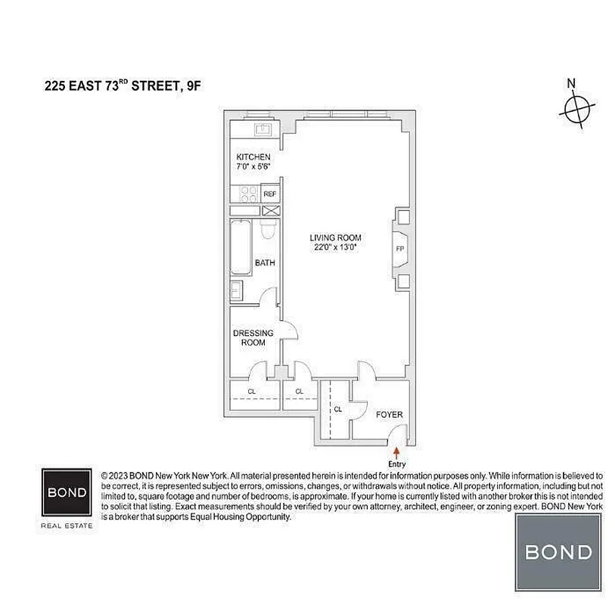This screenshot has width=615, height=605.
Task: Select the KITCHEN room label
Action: point(253,157)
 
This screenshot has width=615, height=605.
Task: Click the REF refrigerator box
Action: point(270,194)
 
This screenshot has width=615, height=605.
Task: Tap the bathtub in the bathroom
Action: point(241,247)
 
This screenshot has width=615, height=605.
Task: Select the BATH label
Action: point(264,263)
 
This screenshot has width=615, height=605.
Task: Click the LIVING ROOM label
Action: point(340,237)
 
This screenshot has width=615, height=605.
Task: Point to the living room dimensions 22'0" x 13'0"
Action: point(340,247)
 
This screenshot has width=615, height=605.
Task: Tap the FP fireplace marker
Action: point(399,247)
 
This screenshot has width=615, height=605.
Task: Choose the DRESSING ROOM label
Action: point(253,337)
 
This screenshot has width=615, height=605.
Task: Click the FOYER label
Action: point(389,414)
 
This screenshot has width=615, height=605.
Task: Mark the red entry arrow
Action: point(396,452)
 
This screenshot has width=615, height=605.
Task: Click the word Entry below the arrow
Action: point(396,464)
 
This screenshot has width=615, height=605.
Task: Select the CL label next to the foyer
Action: point(338,409)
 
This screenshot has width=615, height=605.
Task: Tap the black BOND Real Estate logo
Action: point(67,492)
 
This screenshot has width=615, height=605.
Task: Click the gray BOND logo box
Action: point(558,551)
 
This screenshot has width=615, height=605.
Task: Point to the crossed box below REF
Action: point(270,212)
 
